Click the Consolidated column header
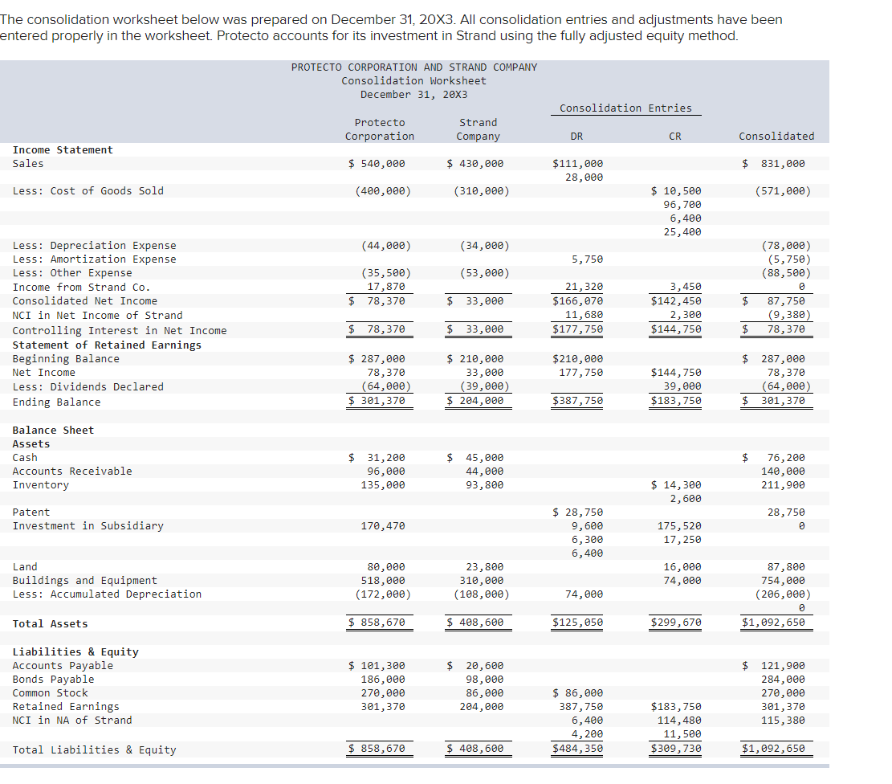coord(776,136)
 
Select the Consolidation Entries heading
coord(625,108)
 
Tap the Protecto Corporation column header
coord(380,129)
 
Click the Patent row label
coord(31,512)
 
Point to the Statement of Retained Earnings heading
coord(107,345)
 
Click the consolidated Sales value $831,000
coord(776,164)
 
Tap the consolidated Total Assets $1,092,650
coord(773,623)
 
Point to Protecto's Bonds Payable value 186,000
coord(386,680)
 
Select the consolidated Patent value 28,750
coord(785,512)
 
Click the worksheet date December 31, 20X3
coord(413,94)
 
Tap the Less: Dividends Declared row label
coord(88,386)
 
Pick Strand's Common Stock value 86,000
coord(485,693)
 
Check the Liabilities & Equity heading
coord(75,651)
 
